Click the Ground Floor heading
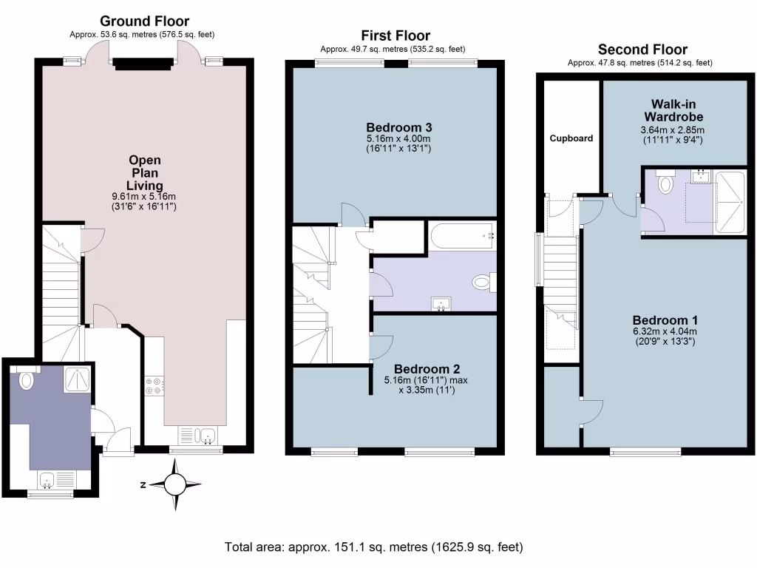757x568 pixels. (144, 21)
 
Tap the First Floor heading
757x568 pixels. (395, 35)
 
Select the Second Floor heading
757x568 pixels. (642, 50)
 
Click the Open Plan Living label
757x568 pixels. (145, 172)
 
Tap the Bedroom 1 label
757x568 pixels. (665, 319)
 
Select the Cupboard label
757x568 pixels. (571, 138)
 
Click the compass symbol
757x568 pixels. (175, 485)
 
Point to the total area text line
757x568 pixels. (374, 547)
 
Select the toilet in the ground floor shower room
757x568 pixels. (27, 380)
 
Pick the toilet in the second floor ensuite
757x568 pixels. (665, 183)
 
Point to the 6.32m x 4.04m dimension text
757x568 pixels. (665, 332)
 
